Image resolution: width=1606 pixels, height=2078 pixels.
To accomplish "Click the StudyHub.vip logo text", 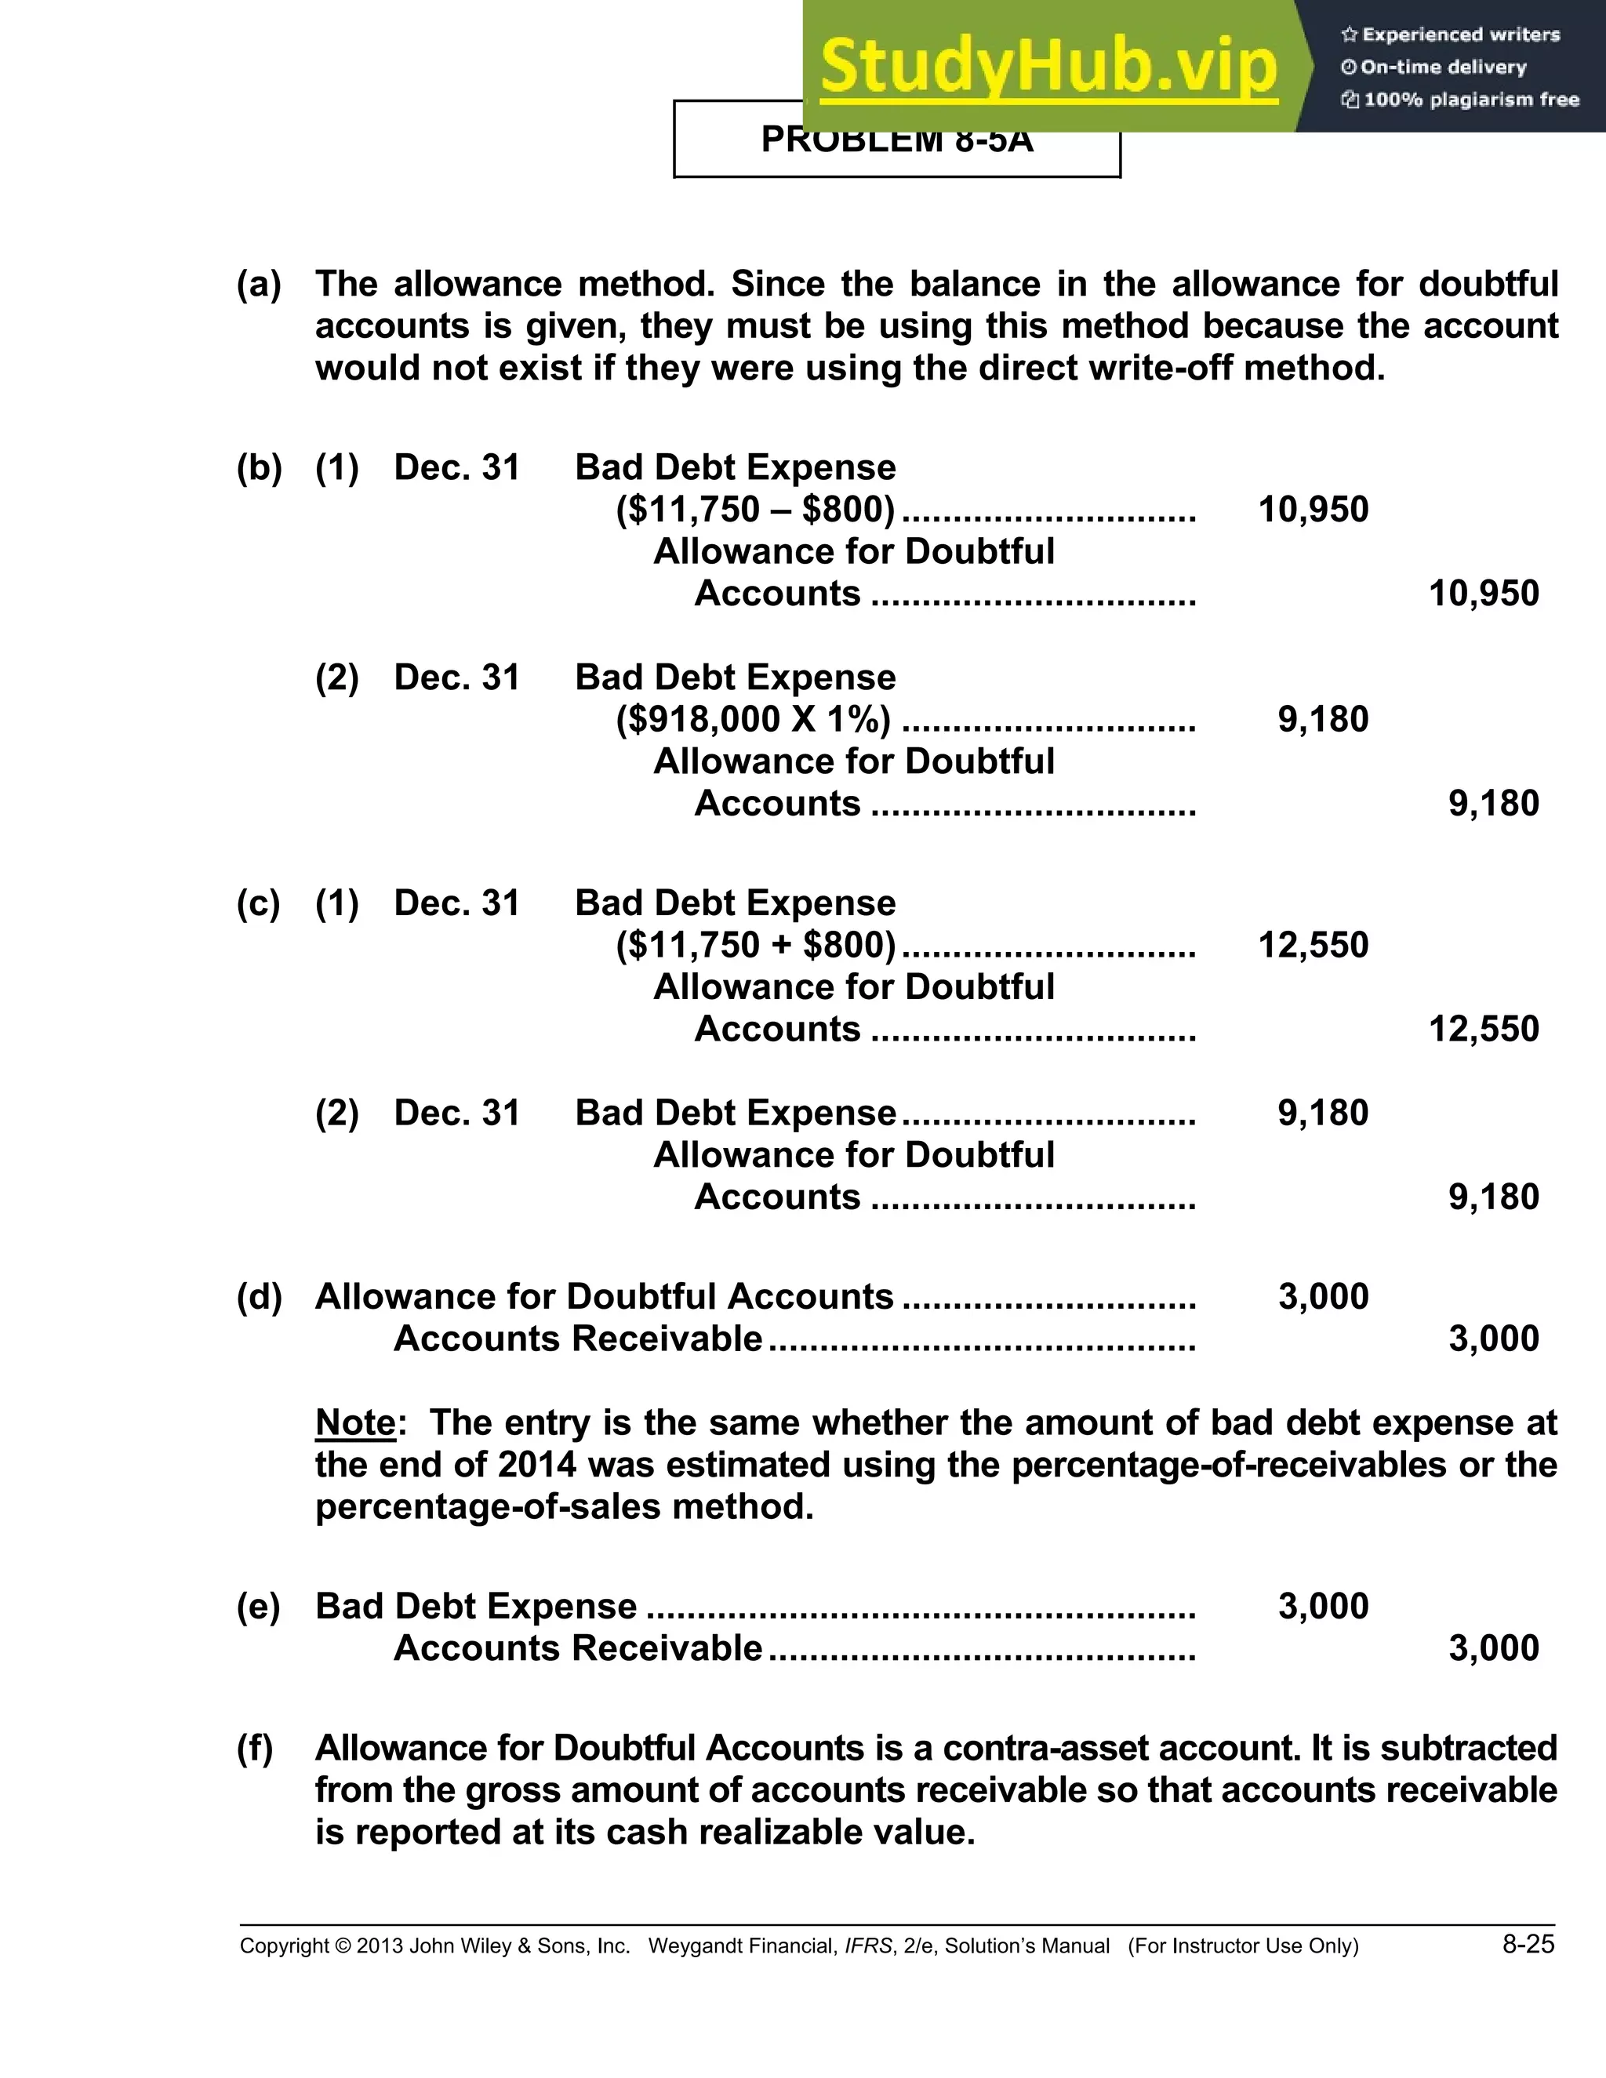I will click(x=1048, y=67).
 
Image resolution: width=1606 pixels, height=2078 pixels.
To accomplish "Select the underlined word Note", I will click(x=355, y=1422).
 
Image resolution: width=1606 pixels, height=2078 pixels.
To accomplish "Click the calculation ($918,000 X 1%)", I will click(x=754, y=719).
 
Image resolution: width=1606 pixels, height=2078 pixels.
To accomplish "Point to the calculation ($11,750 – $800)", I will click(x=755, y=510).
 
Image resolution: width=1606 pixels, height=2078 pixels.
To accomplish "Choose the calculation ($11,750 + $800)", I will click(x=755, y=945).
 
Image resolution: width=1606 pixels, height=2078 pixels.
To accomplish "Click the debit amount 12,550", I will click(x=1313, y=945).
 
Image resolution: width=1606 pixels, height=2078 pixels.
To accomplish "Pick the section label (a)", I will click(x=259, y=284).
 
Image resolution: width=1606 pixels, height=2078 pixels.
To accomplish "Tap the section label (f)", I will click(x=255, y=1748).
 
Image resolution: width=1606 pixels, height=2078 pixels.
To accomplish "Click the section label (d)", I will click(x=259, y=1297).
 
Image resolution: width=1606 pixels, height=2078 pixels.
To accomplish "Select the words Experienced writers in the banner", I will click(x=1460, y=35).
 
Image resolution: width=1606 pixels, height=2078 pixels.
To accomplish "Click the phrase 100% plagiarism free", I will click(x=1471, y=100).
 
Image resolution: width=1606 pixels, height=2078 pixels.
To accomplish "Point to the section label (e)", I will click(x=259, y=1606).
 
